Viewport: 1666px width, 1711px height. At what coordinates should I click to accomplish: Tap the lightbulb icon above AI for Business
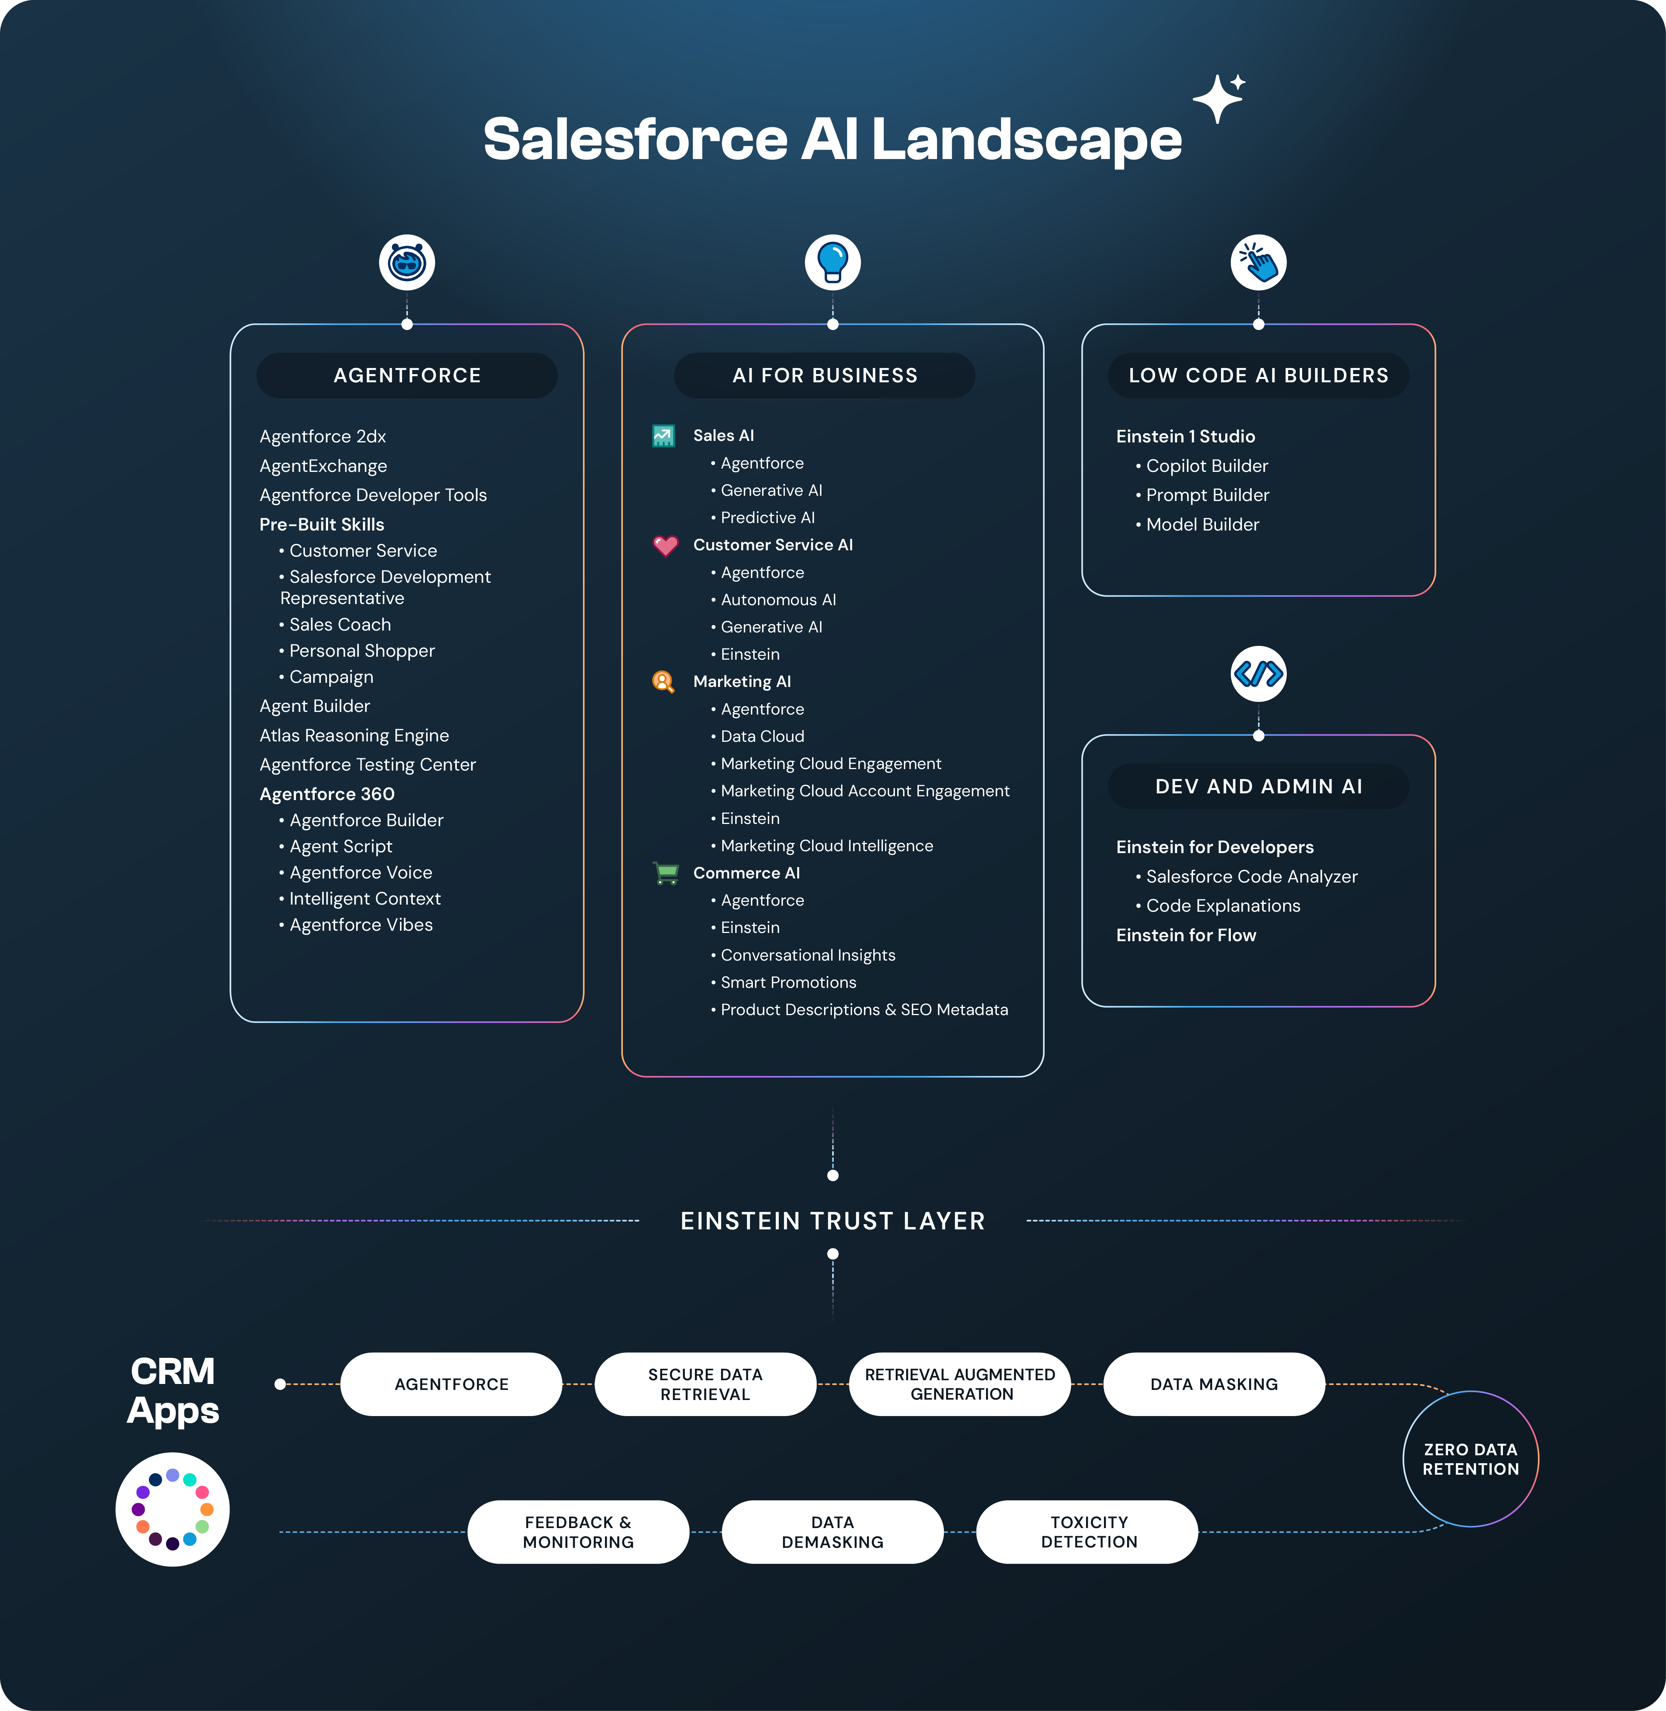click(x=832, y=262)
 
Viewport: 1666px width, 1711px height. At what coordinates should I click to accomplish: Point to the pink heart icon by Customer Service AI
click(x=665, y=545)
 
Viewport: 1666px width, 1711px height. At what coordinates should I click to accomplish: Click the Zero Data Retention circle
click(x=1470, y=1459)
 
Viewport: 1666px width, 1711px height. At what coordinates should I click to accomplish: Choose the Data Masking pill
click(x=1214, y=1384)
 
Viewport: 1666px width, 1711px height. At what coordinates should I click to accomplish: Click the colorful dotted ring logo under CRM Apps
click(x=172, y=1509)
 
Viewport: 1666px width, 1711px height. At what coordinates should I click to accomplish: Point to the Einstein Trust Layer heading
click(x=832, y=1221)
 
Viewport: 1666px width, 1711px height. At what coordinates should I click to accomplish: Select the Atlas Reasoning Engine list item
click(x=355, y=735)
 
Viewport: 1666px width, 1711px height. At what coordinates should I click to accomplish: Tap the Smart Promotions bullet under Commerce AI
click(x=787, y=982)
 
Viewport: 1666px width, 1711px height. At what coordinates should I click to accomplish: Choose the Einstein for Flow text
click(x=1186, y=935)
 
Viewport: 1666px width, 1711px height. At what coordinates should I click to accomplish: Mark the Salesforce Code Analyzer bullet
click(x=1251, y=876)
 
